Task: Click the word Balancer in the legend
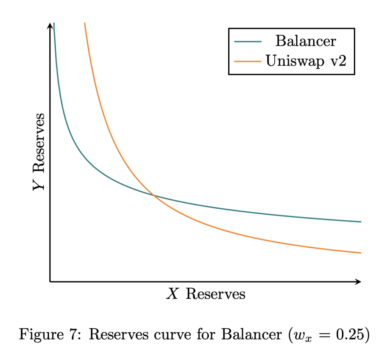click(305, 41)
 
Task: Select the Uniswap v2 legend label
click(306, 61)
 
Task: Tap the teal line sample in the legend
click(248, 41)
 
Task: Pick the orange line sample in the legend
click(248, 61)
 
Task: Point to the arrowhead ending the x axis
click(359, 282)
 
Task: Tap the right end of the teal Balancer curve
click(361, 222)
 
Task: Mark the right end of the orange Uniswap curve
click(361, 253)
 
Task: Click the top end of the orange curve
click(84, 23)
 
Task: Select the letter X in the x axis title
click(172, 294)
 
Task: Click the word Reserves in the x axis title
click(216, 294)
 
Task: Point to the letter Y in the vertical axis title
click(39, 184)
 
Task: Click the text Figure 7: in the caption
click(50, 334)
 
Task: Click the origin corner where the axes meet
click(50, 282)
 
